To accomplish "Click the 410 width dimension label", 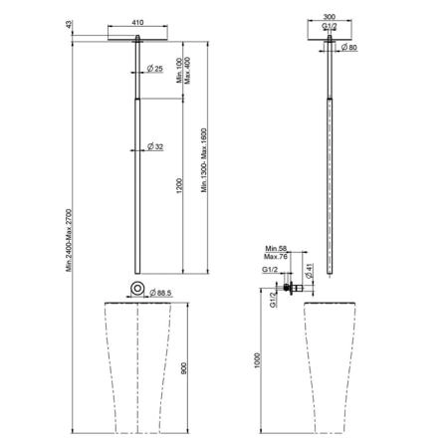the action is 137,22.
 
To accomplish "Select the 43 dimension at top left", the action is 69,24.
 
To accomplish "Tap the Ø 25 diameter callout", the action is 155,69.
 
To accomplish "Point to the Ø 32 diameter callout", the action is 155,146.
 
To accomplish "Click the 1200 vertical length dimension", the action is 179,186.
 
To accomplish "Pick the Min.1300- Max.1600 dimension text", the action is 204,160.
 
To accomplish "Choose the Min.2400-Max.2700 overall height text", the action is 69,240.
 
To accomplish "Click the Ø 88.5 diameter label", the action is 160,293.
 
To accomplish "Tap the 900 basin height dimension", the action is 184,368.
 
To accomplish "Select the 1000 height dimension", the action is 257,360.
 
